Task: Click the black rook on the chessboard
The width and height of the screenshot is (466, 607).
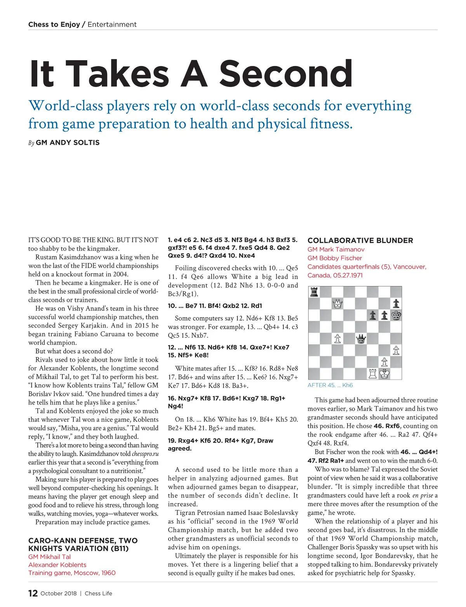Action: click(x=314, y=292)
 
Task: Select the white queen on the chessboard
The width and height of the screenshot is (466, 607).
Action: click(x=337, y=303)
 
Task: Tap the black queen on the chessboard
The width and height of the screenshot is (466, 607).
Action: click(x=361, y=339)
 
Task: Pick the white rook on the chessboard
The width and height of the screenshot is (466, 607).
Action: click(x=373, y=374)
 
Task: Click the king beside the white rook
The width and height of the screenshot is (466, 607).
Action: click(x=384, y=374)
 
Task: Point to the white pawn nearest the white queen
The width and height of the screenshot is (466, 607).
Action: click(x=337, y=339)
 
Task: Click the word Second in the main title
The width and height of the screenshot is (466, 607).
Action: click(x=286, y=73)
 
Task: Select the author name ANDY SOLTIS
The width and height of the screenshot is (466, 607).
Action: click(x=68, y=142)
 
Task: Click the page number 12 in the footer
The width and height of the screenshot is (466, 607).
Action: click(x=33, y=593)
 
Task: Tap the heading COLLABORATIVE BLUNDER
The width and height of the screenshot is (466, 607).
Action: click(x=360, y=240)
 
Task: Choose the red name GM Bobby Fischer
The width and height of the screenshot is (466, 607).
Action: click(x=335, y=258)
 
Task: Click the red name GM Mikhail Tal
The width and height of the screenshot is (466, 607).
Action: click(x=49, y=557)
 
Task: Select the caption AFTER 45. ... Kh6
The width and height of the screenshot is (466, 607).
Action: click(x=330, y=385)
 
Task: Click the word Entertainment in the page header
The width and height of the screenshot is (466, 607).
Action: click(x=112, y=24)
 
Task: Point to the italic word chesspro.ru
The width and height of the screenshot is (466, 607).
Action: click(x=145, y=454)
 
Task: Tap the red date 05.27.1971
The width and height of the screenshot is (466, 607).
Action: click(x=348, y=275)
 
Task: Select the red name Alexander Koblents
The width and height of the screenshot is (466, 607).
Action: click(x=57, y=565)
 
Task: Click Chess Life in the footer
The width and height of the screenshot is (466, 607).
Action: click(x=98, y=593)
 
